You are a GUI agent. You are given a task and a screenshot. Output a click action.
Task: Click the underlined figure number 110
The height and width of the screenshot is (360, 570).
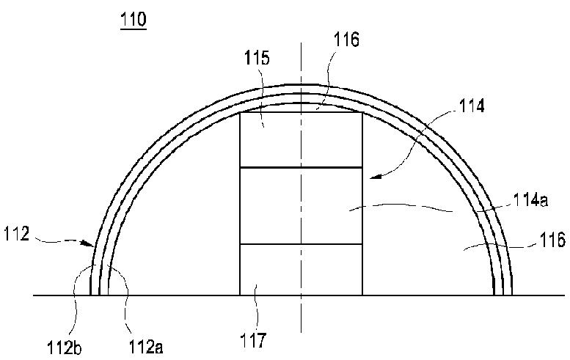(x=134, y=19)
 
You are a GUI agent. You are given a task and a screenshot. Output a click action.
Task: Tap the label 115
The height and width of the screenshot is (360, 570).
(x=257, y=58)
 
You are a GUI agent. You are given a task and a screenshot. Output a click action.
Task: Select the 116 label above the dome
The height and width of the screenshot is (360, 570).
(x=346, y=40)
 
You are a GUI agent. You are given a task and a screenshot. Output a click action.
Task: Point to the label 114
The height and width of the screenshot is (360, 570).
(x=472, y=106)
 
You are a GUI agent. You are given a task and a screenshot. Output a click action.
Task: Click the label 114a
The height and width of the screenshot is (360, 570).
(x=530, y=200)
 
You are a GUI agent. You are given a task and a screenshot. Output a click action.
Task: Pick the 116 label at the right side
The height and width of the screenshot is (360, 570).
(x=552, y=240)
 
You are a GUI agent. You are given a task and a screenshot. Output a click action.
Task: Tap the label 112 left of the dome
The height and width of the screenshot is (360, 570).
(x=16, y=234)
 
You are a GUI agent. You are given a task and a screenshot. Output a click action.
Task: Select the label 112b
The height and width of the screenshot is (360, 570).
(x=65, y=348)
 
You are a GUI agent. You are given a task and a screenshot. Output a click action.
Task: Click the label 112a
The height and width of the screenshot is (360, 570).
(x=146, y=347)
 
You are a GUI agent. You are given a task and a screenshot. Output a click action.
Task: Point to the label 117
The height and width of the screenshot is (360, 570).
(x=253, y=340)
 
